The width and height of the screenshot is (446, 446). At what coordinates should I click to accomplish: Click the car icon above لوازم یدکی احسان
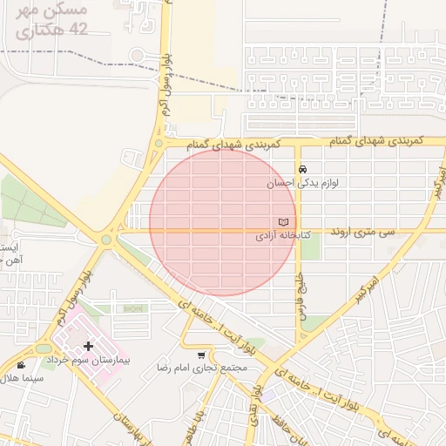point(301,169)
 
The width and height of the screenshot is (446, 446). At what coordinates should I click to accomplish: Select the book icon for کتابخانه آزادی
point(281,222)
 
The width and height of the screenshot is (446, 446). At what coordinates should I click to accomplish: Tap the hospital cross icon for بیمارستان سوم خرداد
point(88,346)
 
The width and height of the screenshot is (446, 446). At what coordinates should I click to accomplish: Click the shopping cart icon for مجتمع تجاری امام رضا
point(202,355)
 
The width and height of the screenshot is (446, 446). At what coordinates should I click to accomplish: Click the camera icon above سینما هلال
point(21,364)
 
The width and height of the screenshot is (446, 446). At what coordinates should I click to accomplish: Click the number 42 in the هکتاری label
point(79,30)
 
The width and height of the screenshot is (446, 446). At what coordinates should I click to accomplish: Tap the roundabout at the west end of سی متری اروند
point(106,239)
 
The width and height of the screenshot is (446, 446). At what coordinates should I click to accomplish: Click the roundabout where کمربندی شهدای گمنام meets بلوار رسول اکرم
point(159,143)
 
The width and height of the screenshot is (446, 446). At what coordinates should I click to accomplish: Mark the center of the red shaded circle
point(223,222)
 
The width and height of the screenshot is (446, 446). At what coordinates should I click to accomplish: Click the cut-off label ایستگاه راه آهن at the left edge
point(9,253)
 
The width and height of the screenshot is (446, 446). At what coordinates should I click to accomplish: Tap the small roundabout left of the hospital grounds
point(44,348)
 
